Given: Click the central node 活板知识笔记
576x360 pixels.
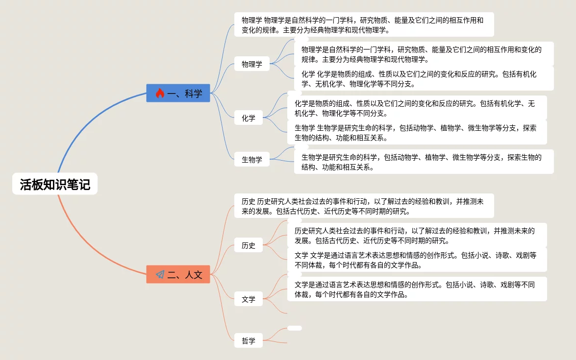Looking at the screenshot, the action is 55,184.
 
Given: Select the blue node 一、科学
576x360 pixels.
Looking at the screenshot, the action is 178,93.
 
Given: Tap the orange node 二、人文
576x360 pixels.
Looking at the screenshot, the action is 178,274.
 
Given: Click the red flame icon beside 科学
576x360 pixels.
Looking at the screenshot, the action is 160,93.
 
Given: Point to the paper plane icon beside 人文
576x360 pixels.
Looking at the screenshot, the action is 160,274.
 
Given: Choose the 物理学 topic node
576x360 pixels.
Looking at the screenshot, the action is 252,64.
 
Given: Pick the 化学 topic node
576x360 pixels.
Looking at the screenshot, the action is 249,118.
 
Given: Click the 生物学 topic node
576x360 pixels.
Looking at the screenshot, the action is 252,159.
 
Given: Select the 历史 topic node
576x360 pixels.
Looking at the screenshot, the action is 249,245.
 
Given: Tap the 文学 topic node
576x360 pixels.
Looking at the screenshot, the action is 249,299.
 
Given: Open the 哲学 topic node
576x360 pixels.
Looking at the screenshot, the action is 249,340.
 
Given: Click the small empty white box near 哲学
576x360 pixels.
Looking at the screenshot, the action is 295,328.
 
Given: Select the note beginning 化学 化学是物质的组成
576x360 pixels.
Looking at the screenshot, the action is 424,78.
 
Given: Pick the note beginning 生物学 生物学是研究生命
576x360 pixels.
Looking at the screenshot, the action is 417,132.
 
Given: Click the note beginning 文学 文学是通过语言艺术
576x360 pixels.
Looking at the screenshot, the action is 417,260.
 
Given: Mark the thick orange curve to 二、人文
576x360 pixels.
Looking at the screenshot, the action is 88,245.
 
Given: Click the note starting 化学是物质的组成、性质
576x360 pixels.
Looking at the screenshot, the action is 417,108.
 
